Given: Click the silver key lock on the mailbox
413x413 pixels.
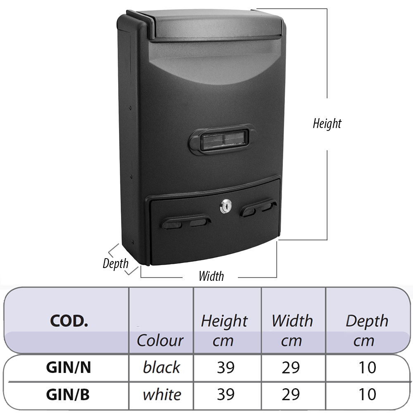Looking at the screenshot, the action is click(x=226, y=206).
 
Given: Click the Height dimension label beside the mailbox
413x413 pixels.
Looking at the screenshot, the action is click(x=327, y=124).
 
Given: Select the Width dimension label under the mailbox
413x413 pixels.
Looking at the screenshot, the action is click(x=211, y=276).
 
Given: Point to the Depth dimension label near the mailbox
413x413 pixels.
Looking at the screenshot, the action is click(x=115, y=263).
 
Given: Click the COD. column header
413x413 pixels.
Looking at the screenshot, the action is click(x=69, y=321).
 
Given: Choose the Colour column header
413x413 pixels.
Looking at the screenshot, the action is click(x=160, y=340).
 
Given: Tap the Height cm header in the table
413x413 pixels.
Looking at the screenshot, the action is click(x=224, y=330).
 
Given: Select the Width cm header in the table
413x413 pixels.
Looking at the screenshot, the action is click(x=292, y=330).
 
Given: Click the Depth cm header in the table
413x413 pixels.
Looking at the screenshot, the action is click(x=367, y=330).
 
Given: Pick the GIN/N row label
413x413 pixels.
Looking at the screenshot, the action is click(x=69, y=367).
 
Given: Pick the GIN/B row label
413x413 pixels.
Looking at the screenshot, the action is click(x=68, y=394).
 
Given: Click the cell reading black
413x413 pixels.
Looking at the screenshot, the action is click(x=161, y=367).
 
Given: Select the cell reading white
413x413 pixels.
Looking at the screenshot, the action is click(x=162, y=394).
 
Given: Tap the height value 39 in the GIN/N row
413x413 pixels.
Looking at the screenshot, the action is click(x=226, y=368).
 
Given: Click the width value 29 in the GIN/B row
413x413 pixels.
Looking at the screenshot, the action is click(x=291, y=394).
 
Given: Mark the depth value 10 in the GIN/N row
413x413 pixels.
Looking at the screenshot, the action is click(x=368, y=368).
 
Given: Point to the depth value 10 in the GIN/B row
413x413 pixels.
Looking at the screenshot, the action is click(x=368, y=394).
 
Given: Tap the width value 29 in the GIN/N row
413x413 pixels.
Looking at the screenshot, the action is click(x=291, y=368).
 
